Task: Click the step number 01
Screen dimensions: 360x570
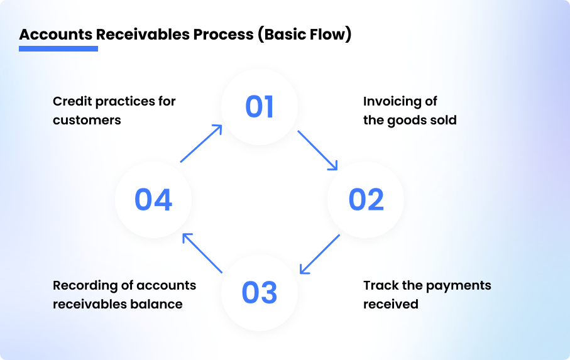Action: [x=260, y=107]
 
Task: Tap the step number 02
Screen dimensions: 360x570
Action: [x=366, y=200]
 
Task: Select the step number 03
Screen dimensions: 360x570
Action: [x=259, y=293]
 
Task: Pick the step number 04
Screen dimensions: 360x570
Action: [x=153, y=200]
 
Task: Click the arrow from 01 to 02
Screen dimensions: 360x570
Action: [x=317, y=150]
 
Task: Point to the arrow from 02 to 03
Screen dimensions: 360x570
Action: [x=319, y=254]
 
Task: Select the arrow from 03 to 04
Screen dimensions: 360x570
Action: [x=202, y=253]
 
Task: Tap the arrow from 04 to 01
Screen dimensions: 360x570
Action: [x=201, y=143]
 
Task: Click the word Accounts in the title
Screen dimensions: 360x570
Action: [x=55, y=34]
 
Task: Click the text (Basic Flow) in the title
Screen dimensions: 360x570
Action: [x=304, y=34]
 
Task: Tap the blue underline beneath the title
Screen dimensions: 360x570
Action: [x=58, y=48]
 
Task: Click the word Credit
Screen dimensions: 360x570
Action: [x=72, y=101]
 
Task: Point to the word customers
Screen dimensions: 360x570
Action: [x=87, y=119]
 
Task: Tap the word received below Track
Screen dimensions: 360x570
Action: [x=391, y=304]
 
